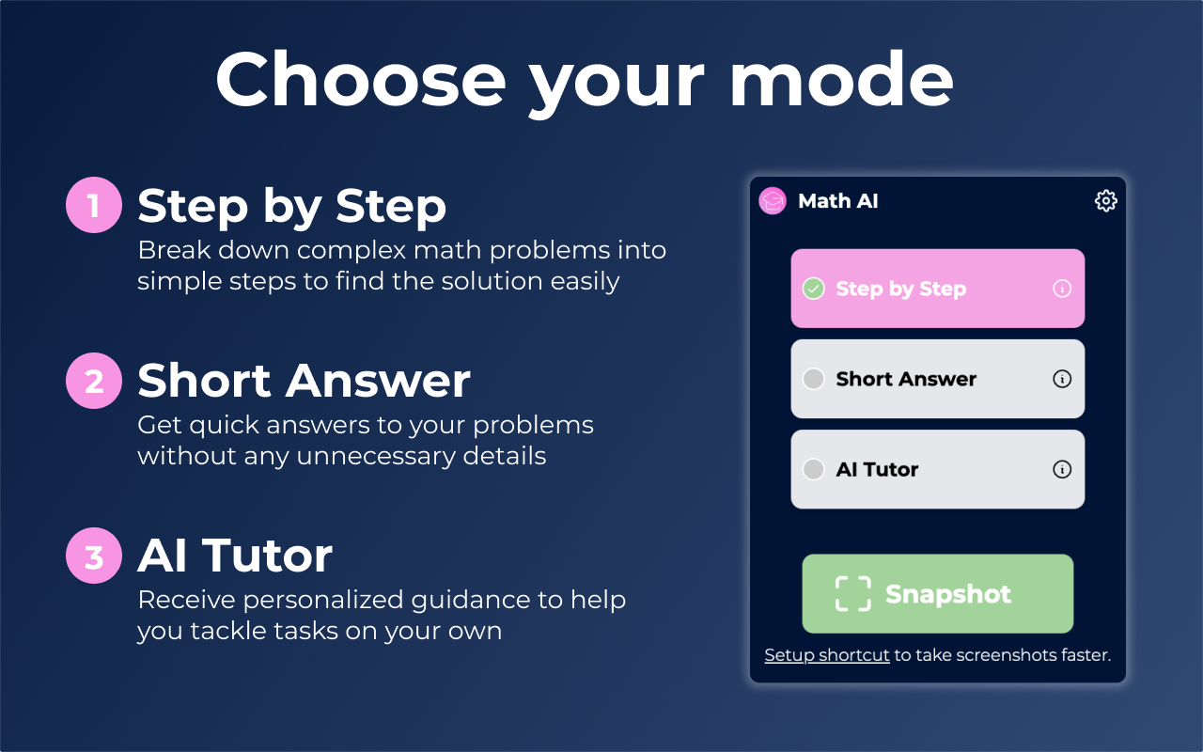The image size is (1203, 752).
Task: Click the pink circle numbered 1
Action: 94,205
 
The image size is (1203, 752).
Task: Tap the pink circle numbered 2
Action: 94,381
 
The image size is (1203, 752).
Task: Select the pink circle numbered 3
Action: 94,556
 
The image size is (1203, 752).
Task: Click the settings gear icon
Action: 1106,201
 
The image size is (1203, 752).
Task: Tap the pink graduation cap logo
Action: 773,201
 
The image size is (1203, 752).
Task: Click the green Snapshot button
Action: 938,593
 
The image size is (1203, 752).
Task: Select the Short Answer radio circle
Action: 814,379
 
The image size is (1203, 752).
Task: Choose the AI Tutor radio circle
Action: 814,469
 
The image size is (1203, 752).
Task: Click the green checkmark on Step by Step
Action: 814,289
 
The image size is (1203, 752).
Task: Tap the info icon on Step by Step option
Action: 1062,289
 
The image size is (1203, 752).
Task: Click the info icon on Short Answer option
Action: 1062,379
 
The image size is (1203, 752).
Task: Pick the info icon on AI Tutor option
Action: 1062,469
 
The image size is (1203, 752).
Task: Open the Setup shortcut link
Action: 827,655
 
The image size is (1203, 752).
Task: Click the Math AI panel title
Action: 838,201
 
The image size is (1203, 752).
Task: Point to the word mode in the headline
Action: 841,80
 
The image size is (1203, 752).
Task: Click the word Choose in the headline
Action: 360,80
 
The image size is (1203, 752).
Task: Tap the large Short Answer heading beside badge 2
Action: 304,381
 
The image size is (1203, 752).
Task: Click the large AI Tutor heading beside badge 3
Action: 235,556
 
